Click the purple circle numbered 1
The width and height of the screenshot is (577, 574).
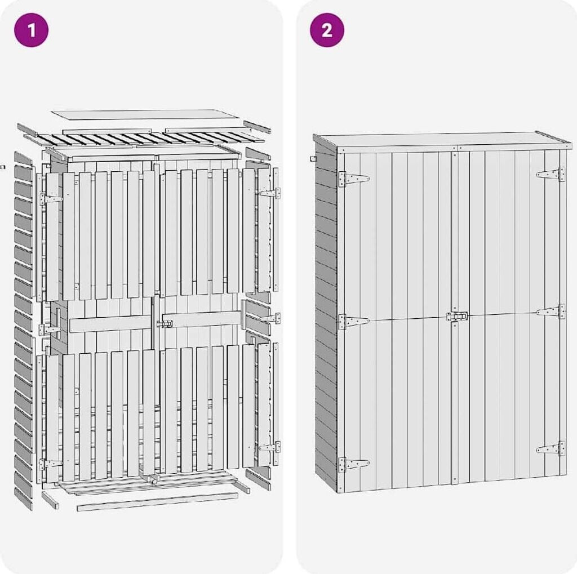[32, 30]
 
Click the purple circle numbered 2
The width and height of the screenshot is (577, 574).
[327, 30]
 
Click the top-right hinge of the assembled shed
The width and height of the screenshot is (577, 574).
[551, 174]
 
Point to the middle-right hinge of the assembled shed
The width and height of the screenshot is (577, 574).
[551, 312]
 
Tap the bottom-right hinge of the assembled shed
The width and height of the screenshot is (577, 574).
[551, 448]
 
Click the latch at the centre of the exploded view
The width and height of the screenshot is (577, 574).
[165, 324]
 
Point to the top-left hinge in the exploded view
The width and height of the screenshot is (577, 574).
[51, 199]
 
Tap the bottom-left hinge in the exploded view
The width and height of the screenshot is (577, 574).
[51, 464]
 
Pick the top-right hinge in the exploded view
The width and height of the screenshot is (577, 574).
[269, 193]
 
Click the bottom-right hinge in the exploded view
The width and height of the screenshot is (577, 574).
[269, 447]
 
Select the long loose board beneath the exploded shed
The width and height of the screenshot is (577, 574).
[158, 502]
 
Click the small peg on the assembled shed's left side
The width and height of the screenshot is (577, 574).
[313, 159]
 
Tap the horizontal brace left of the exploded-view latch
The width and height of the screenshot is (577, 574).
[110, 323]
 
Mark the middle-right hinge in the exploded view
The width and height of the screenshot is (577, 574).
[269, 318]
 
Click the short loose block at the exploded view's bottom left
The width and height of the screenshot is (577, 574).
[50, 500]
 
